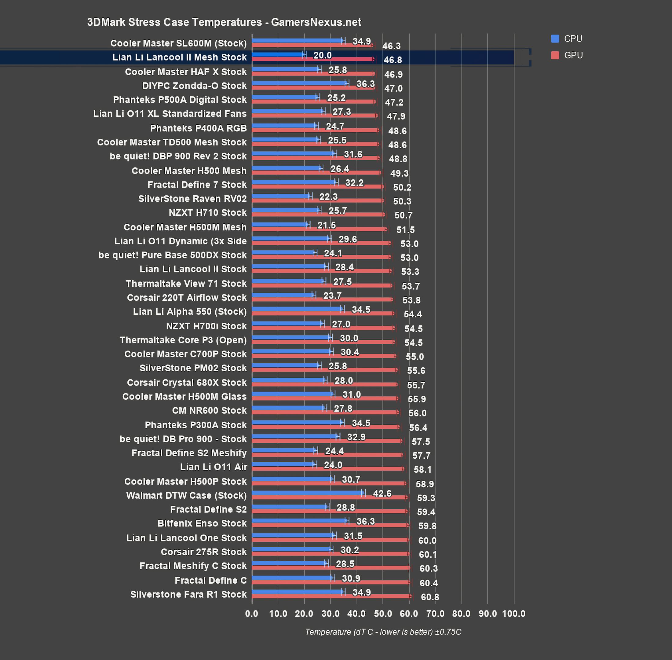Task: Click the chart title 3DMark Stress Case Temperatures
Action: (x=224, y=22)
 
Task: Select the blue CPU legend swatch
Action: (x=555, y=39)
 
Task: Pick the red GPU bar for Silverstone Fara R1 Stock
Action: (x=331, y=596)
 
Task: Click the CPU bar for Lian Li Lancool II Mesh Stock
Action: (x=278, y=54)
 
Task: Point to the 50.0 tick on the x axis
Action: (x=383, y=614)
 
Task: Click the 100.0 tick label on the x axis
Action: (x=513, y=614)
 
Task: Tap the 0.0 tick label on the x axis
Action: (x=252, y=614)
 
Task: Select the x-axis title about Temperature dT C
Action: (x=383, y=632)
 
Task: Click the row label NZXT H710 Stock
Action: (x=208, y=212)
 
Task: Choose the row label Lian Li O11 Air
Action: (x=214, y=467)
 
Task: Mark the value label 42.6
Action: (x=382, y=493)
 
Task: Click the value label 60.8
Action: (x=430, y=597)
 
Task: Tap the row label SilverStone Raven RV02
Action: (x=192, y=199)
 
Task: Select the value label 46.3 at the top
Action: (x=391, y=46)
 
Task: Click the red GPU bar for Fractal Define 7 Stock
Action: (x=317, y=186)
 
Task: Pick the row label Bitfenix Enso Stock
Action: (x=202, y=523)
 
